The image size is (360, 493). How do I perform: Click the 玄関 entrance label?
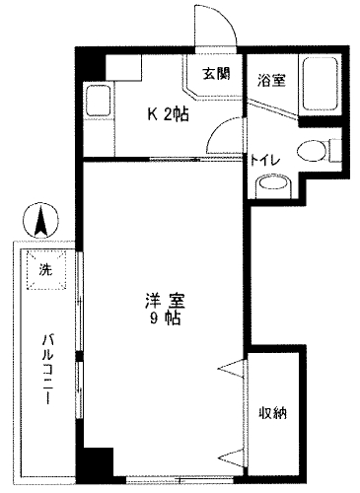[x=216, y=74]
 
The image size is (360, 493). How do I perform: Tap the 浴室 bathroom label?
[x=271, y=80]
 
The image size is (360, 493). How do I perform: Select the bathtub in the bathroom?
[x=321, y=84]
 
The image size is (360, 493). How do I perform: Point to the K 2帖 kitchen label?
[x=168, y=114]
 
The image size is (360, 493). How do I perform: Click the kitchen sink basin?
[x=98, y=101]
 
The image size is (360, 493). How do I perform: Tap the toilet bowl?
[x=312, y=151]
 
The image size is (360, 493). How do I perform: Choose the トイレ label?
[x=265, y=160]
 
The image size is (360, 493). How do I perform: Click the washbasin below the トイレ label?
[x=273, y=186]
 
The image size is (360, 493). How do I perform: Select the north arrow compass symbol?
[x=41, y=220]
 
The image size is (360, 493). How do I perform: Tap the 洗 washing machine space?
[x=46, y=270]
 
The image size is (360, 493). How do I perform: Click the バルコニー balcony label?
[x=47, y=368]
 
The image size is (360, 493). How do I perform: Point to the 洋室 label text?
[x=166, y=301]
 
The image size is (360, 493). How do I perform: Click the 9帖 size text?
[x=166, y=318]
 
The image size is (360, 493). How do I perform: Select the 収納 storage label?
[x=273, y=412]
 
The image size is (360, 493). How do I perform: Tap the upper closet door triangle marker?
[x=231, y=367]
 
